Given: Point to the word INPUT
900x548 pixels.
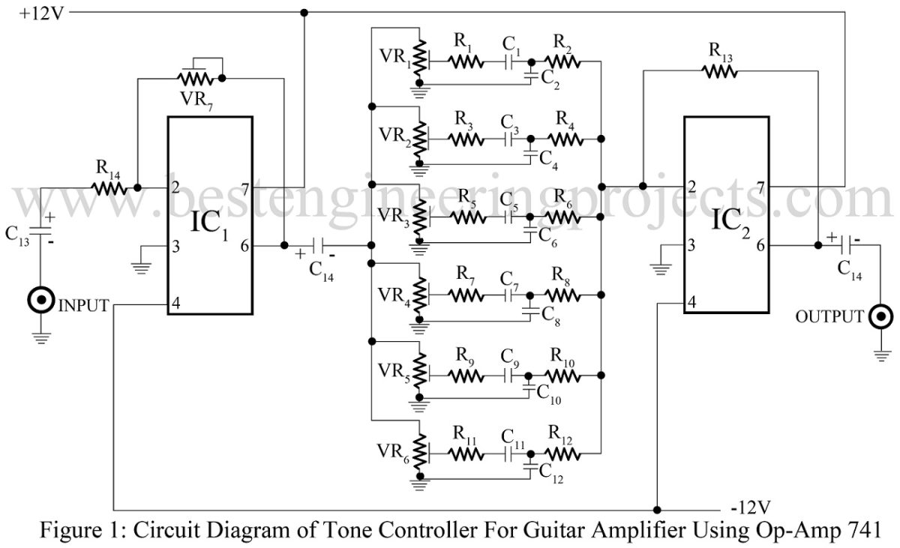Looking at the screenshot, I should click(82, 305).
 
